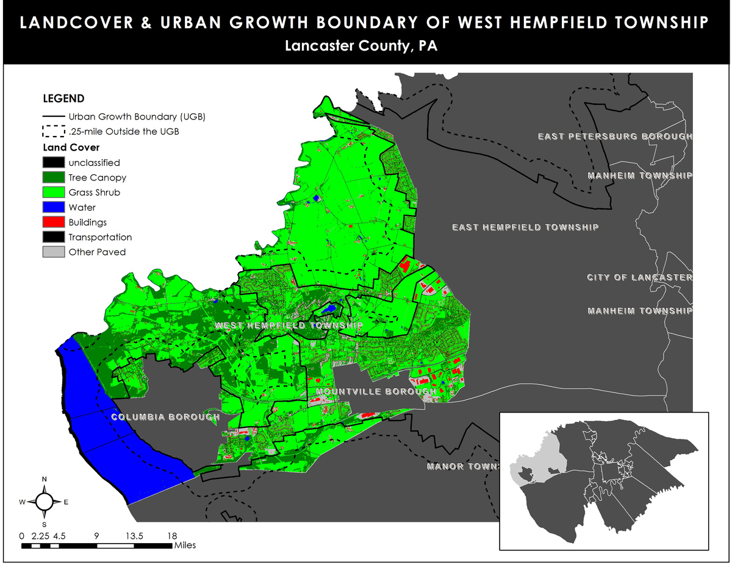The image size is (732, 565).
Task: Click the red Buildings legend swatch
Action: (54, 222)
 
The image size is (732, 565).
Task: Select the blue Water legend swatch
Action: (54, 207)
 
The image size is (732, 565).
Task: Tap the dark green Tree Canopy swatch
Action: (54, 177)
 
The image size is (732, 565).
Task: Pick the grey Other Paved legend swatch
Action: (54, 252)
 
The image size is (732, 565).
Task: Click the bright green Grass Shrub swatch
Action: (54, 193)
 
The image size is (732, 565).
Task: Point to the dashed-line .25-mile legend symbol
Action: (54, 131)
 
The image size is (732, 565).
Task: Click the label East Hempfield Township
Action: (525, 227)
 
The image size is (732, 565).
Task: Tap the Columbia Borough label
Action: (165, 418)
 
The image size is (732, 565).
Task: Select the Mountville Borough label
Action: (376, 391)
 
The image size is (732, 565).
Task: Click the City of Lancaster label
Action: (639, 278)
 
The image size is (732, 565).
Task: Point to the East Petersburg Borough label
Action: (614, 137)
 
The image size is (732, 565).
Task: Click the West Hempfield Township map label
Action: (289, 326)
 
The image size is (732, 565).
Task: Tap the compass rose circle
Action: (45, 502)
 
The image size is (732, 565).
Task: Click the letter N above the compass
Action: (45, 480)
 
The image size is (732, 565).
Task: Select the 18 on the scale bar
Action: (172, 536)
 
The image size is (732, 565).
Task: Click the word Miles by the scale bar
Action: (185, 545)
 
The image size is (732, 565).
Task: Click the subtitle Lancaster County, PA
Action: (365, 46)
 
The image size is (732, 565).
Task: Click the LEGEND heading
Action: (63, 99)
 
